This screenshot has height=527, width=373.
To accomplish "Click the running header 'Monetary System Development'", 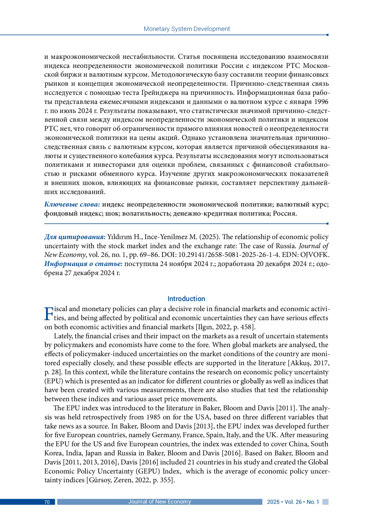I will pyautogui.click(x=186, y=29).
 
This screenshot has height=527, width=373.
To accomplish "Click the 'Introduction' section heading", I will pyautogui.click(x=186, y=299).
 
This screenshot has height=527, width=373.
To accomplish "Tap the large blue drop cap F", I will pyautogui.click(x=49, y=314).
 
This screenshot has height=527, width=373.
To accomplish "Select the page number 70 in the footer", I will pyautogui.click(x=47, y=502).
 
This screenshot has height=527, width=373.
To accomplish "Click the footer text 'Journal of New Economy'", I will pyautogui.click(x=159, y=502).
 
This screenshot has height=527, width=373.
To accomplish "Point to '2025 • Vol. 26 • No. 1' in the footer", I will pyautogui.click(x=293, y=502).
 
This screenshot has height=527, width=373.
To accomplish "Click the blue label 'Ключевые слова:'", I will pyautogui.click(x=72, y=204).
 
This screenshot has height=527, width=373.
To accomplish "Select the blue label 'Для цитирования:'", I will pyautogui.click(x=75, y=237).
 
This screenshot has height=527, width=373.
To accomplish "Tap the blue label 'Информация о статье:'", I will pyautogui.click(x=83, y=264).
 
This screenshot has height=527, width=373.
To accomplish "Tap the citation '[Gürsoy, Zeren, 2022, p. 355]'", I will pyautogui.click(x=131, y=480).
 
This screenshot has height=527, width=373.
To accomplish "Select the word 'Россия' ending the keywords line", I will pyautogui.click(x=284, y=214).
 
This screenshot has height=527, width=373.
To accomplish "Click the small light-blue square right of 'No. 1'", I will pyautogui.click(x=325, y=502).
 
